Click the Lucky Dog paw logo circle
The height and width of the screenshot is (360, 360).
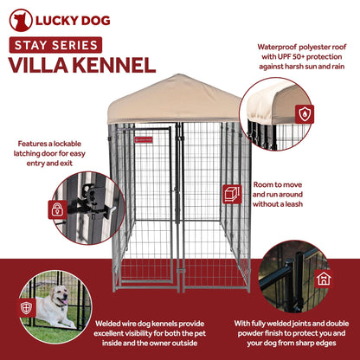point(20,21)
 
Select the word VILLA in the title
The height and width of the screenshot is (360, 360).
point(39,65)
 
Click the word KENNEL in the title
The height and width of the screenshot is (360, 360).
point(113,65)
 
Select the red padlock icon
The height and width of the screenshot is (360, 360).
point(56,209)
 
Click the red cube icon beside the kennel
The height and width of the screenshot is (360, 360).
point(232,193)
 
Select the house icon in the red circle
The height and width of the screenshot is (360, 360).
point(323,278)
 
